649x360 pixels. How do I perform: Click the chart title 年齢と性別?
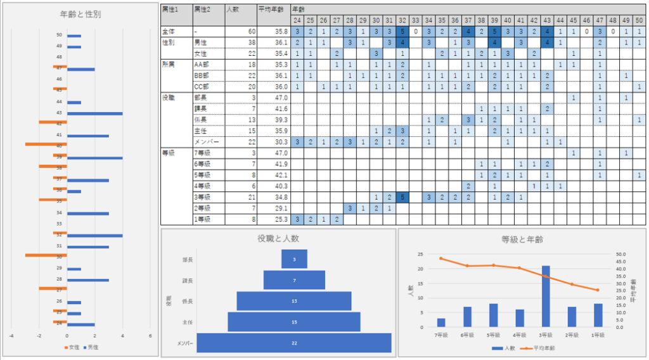[x=79, y=13]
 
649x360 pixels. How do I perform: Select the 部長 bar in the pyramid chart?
[x=294, y=259]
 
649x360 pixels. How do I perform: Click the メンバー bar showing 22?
[x=294, y=342]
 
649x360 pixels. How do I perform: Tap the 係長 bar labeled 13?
[x=294, y=300]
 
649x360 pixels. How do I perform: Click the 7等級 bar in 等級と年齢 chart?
[x=441, y=323]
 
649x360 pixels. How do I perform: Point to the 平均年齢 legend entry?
[x=537, y=348]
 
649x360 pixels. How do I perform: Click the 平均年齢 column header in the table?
[x=269, y=10]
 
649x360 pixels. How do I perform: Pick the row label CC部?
[x=202, y=86]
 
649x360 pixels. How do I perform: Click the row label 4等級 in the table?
[x=202, y=186]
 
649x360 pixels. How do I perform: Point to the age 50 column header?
[x=639, y=20]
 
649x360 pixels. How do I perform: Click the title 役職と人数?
[x=279, y=239]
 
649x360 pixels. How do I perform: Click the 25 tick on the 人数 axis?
[x=420, y=254]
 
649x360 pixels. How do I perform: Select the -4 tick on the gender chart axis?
[x=11, y=336]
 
